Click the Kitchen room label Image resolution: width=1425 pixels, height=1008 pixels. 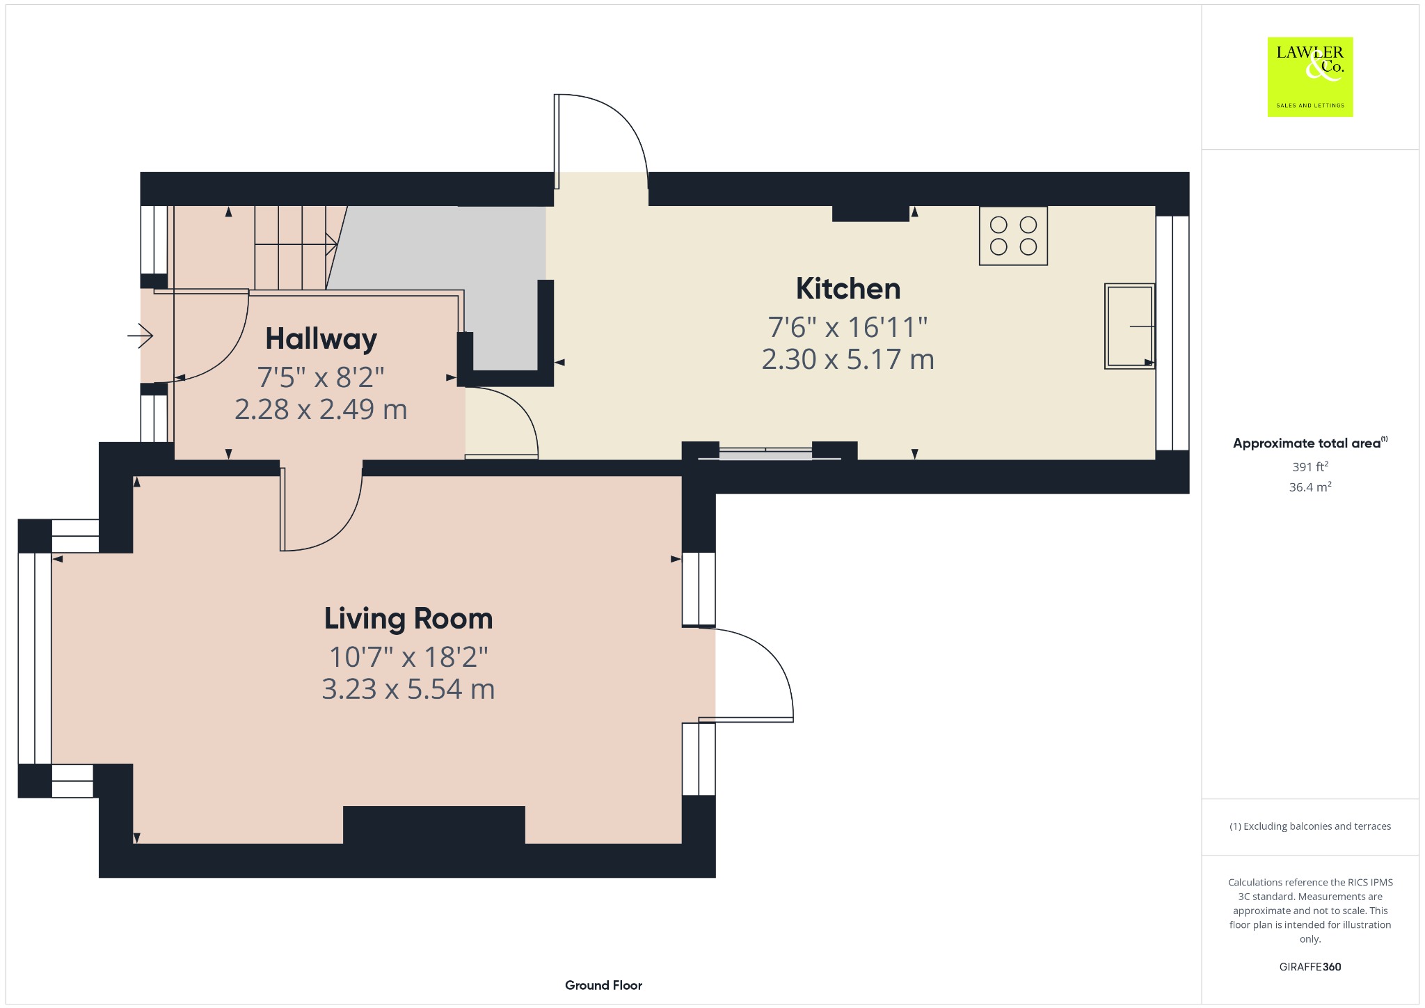[847, 289]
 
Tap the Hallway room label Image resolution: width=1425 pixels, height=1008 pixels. [321, 339]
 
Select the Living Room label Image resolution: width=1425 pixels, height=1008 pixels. [408, 619]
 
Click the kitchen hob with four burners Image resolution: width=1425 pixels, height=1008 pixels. [1013, 236]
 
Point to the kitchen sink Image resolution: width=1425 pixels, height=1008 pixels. [1129, 326]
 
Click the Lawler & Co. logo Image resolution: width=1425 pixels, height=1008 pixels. [1310, 77]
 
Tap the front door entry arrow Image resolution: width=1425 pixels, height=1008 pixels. [140, 337]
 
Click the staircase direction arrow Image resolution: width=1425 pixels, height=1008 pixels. [296, 244]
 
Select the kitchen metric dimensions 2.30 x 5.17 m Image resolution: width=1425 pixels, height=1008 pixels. [847, 359]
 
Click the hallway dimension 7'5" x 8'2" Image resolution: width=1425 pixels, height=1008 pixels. [321, 377]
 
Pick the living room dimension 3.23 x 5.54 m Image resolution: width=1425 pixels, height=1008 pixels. [408, 689]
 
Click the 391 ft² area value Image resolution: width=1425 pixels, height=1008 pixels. [1310, 466]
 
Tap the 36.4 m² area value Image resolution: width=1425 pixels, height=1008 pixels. [1310, 487]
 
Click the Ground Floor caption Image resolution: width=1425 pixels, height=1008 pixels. [603, 985]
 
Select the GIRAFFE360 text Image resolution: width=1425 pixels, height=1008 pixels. [1310, 967]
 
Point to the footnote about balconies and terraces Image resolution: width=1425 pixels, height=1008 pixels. [1310, 826]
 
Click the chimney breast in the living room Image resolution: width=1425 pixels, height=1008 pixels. [434, 825]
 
